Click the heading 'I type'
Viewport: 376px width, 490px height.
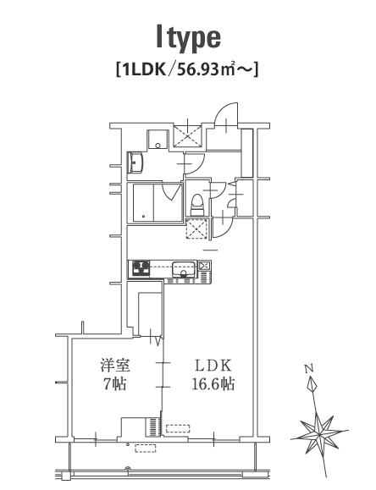(189, 38)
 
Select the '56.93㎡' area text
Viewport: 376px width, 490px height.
(206, 69)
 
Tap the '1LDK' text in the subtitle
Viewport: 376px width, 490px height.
(144, 69)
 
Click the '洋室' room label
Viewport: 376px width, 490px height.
(115, 366)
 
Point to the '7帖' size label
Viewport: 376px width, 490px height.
(115, 383)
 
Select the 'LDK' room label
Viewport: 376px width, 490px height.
(213, 366)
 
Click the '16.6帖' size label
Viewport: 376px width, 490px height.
(213, 383)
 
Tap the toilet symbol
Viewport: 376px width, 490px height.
(197, 205)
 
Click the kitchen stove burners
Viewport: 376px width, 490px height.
(141, 269)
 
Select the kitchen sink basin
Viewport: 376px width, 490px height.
(183, 270)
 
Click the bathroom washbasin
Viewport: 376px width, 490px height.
(135, 162)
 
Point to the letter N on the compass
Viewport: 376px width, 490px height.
(309, 369)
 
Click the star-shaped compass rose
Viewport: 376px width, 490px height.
(319, 435)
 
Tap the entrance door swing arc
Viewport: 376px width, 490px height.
(226, 114)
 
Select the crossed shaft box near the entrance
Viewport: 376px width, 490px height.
(187, 136)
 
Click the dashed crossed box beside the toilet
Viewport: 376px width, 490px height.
(196, 229)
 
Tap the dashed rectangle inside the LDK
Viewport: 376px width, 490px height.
(178, 428)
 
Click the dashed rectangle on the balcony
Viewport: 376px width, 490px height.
(146, 449)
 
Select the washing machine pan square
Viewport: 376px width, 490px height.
(158, 140)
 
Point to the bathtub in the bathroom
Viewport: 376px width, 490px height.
(143, 203)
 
